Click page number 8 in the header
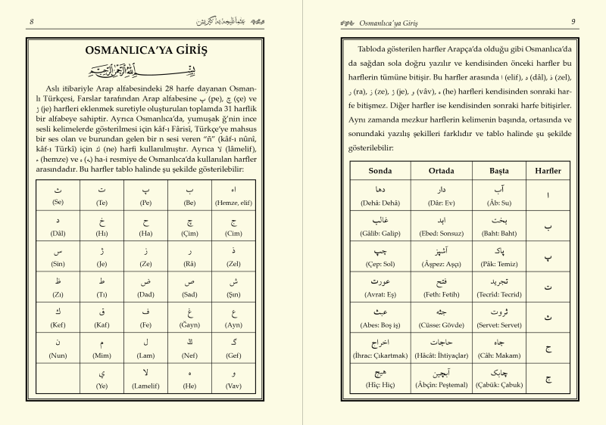(31, 20)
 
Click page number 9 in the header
(573, 20)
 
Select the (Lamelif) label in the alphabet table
(147, 386)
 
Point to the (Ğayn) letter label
(191, 325)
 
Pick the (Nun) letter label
(58, 355)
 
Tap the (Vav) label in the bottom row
(234, 386)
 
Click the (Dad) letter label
(147, 295)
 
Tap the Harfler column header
(548, 171)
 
